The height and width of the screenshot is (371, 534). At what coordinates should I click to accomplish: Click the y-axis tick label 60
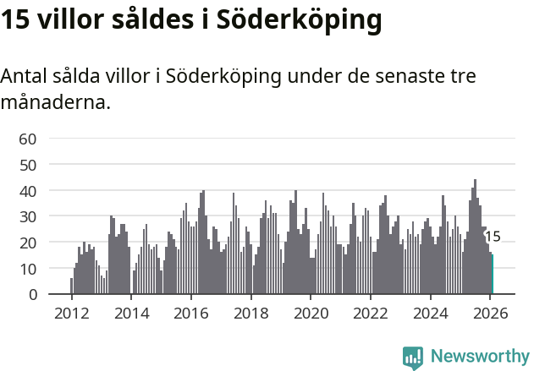click(x=28, y=139)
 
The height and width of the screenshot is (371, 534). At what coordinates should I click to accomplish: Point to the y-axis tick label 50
click(x=28, y=165)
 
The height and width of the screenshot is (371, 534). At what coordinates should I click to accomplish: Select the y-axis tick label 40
click(x=28, y=191)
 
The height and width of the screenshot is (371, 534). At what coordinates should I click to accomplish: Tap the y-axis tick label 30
click(x=28, y=217)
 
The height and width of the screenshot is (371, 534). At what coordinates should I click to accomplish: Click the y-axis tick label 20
click(x=28, y=243)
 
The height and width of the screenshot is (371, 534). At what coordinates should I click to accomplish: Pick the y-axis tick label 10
click(x=28, y=269)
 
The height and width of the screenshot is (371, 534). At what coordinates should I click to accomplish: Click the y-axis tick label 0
click(x=32, y=295)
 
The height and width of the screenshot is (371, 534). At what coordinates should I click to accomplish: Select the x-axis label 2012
click(x=71, y=313)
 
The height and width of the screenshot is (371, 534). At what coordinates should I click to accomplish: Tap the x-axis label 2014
click(x=131, y=313)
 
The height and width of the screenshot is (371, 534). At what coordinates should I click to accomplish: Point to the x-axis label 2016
click(x=191, y=313)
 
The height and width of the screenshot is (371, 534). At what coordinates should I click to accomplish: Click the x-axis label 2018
click(x=250, y=313)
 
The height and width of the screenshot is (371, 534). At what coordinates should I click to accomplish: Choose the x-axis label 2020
click(x=311, y=313)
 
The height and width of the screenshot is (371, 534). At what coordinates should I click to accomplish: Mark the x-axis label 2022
click(x=370, y=313)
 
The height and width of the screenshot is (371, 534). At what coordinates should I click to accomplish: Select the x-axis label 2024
click(x=430, y=313)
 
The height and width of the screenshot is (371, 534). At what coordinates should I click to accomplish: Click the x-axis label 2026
click(x=490, y=313)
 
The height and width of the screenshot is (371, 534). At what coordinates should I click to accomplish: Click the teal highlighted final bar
click(x=493, y=275)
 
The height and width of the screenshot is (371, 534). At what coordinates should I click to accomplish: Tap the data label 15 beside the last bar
click(x=493, y=237)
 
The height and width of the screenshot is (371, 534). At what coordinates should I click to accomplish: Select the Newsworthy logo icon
click(x=413, y=357)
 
